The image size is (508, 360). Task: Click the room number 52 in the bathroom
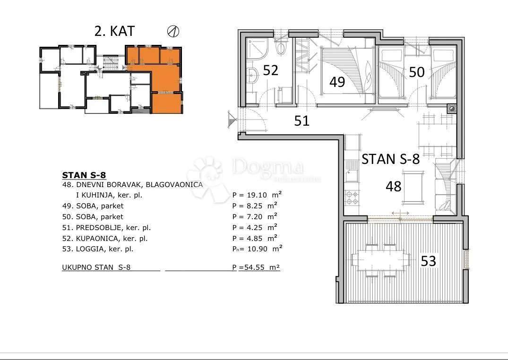coord(270,70)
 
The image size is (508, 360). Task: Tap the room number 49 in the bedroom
coord(337,82)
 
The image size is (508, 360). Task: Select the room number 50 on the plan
coord(417,72)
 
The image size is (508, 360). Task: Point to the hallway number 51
coord(301,120)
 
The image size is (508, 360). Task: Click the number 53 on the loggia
coord(428,261)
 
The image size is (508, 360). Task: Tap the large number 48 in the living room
coord(394,186)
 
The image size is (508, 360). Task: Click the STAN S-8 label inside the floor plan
coord(390,159)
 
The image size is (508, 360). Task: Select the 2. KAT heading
coord(114,31)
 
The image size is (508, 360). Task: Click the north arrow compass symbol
coord(173,31)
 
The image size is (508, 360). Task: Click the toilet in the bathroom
coord(281,48)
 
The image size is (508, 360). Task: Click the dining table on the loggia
coord(381,260)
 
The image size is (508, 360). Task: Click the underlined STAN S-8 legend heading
coord(84,175)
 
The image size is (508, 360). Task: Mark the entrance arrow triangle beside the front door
coord(232,119)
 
